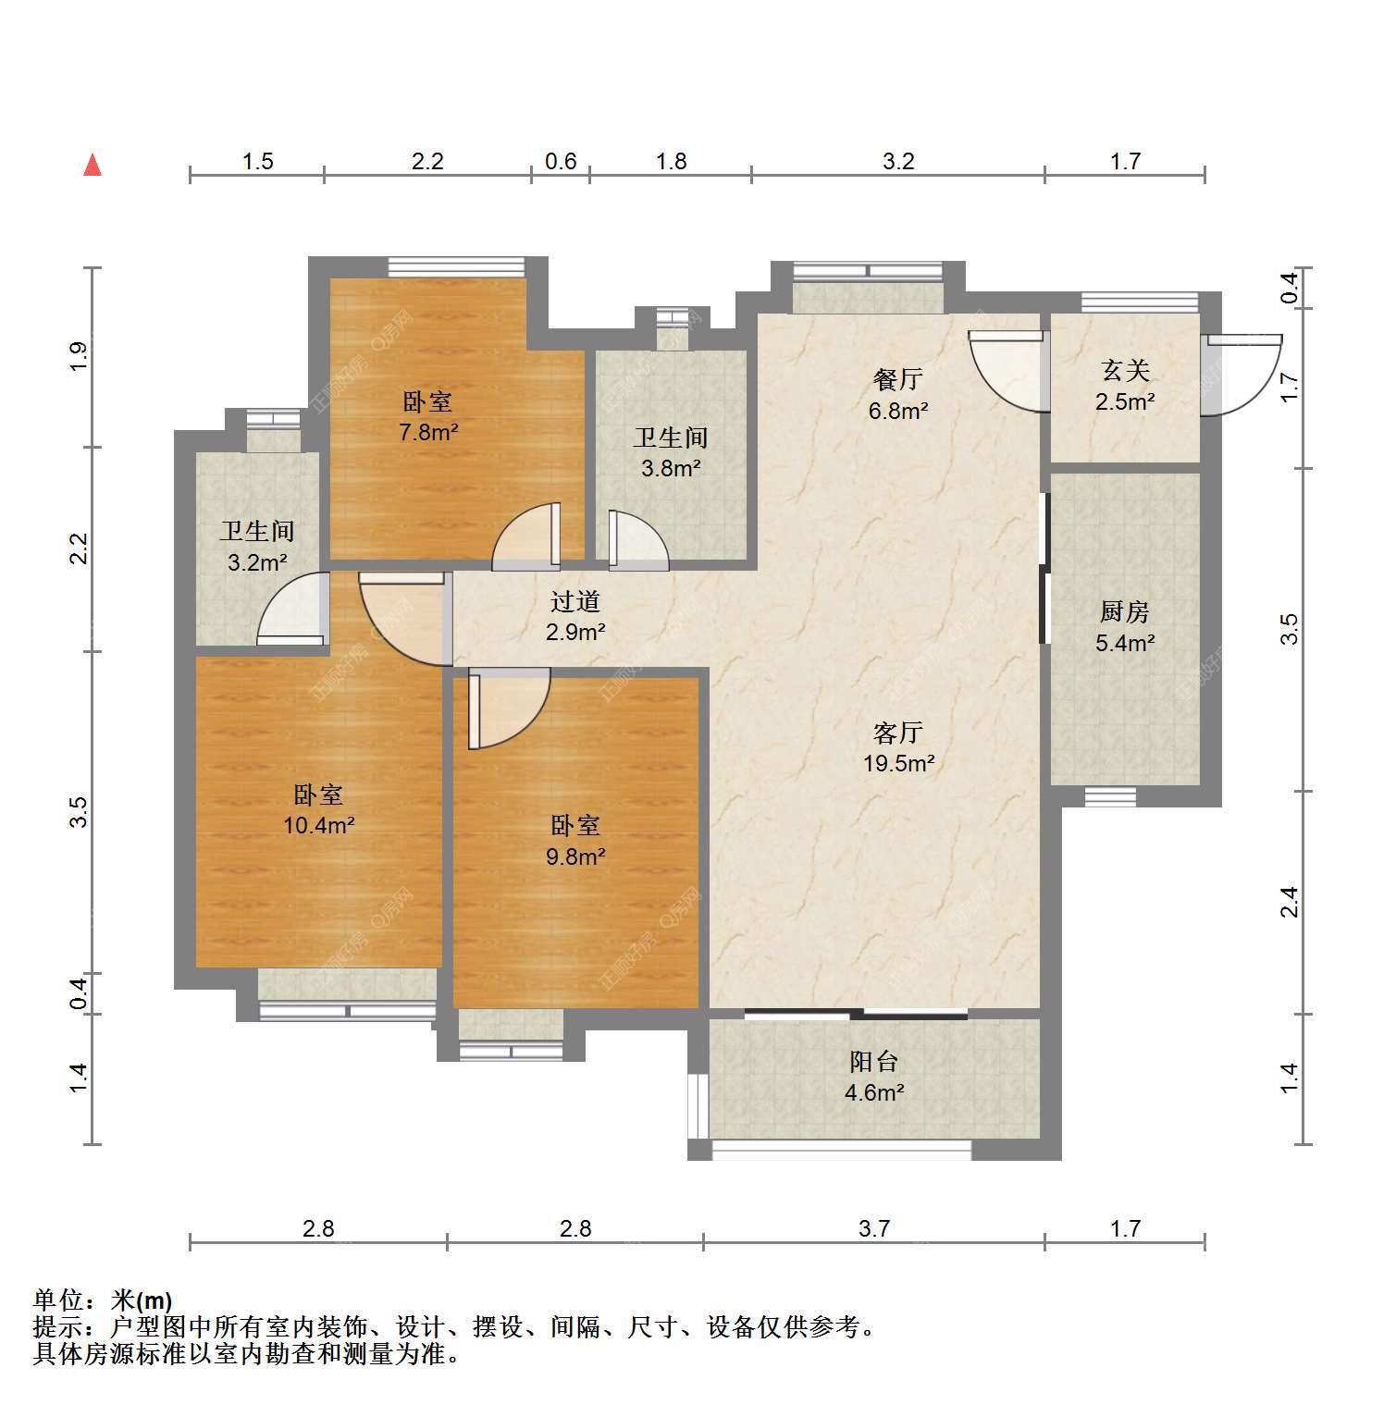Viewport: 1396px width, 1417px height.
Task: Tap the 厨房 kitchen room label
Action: click(1125, 611)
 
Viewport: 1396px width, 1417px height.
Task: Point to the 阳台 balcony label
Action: click(874, 1062)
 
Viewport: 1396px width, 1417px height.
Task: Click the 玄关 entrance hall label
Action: click(1126, 371)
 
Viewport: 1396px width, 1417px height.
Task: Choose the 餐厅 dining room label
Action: click(897, 379)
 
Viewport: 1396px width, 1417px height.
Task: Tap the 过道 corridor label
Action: click(575, 601)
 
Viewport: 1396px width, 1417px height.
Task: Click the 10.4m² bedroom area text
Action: click(319, 825)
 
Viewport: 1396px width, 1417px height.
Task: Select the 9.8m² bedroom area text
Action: click(575, 856)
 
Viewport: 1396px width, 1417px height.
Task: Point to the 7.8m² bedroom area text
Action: click(429, 432)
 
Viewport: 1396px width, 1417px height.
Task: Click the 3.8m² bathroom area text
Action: click(671, 468)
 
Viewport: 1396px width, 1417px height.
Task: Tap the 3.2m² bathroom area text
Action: click(257, 561)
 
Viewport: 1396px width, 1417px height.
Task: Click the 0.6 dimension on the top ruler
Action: click(561, 162)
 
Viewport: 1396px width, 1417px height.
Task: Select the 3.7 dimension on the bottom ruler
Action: click(874, 1228)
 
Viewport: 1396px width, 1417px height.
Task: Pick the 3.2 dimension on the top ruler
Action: click(898, 162)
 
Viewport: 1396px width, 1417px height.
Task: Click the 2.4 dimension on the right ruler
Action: click(1289, 902)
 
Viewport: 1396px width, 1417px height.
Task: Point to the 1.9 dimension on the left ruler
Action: click(79, 357)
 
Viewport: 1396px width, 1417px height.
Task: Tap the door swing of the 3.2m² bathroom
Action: click(292, 609)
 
